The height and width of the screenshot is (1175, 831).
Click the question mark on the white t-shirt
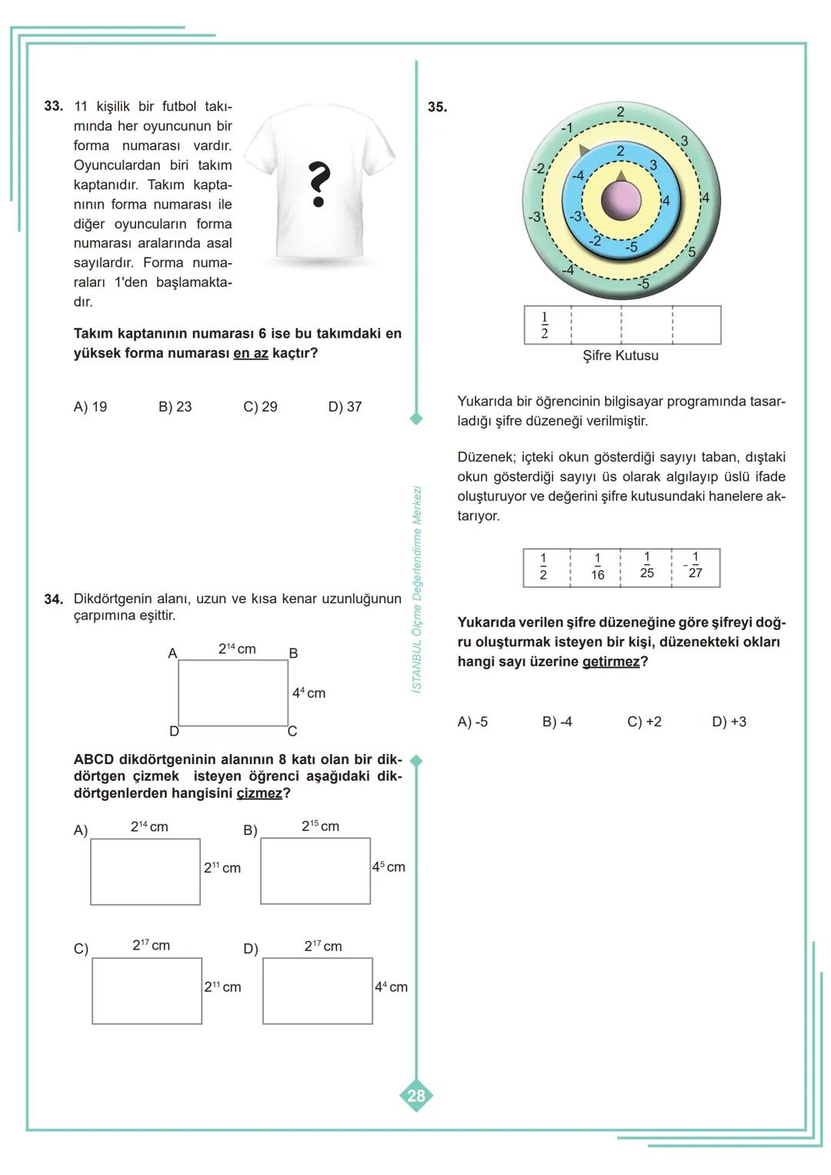[319, 185]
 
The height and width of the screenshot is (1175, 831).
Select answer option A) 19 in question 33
[90, 407]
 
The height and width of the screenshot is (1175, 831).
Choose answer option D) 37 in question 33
[345, 407]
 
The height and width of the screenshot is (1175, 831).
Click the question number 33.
[53, 106]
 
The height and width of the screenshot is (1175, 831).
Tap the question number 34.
[53, 599]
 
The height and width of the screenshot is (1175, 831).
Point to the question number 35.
[437, 107]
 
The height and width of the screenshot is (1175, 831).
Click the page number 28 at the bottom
[416, 1096]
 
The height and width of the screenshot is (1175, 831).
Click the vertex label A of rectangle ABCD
[172, 653]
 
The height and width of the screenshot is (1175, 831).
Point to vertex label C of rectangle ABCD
[292, 731]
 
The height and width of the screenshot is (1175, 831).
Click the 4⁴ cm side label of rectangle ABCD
[309, 693]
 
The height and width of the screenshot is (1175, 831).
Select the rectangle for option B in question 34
[315, 870]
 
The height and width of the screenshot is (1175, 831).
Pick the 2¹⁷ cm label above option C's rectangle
[151, 945]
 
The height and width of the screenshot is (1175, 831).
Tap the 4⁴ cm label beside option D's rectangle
[391, 986]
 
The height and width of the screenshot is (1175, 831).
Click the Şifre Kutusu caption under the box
[620, 356]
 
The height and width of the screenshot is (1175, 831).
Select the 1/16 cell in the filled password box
[597, 568]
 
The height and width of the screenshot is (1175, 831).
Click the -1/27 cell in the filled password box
[694, 568]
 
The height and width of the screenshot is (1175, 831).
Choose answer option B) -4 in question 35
[557, 722]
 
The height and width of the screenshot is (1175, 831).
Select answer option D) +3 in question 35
[729, 722]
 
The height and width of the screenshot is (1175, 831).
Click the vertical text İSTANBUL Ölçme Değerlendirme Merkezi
[416, 589]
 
